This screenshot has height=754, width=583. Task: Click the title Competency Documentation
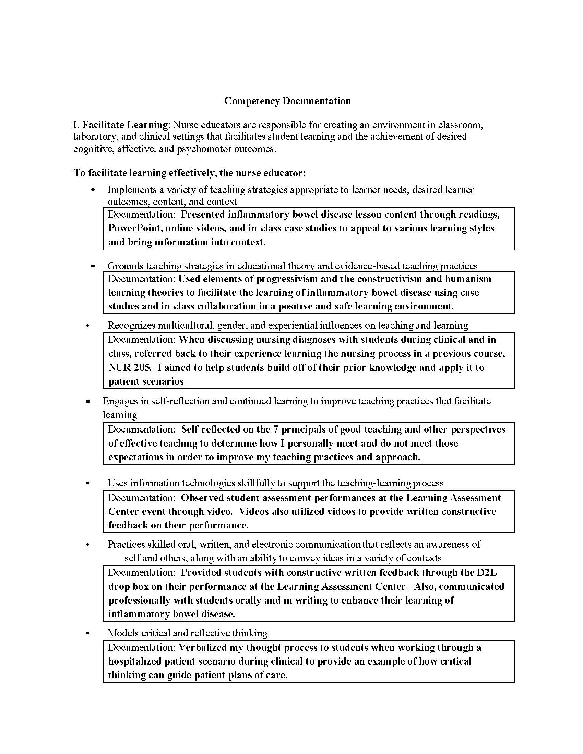pos(287,101)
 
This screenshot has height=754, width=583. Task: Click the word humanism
pos(468,279)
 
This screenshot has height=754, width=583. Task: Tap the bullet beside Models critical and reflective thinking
pos(88,633)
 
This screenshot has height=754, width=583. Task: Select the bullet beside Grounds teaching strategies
pos(93,266)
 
